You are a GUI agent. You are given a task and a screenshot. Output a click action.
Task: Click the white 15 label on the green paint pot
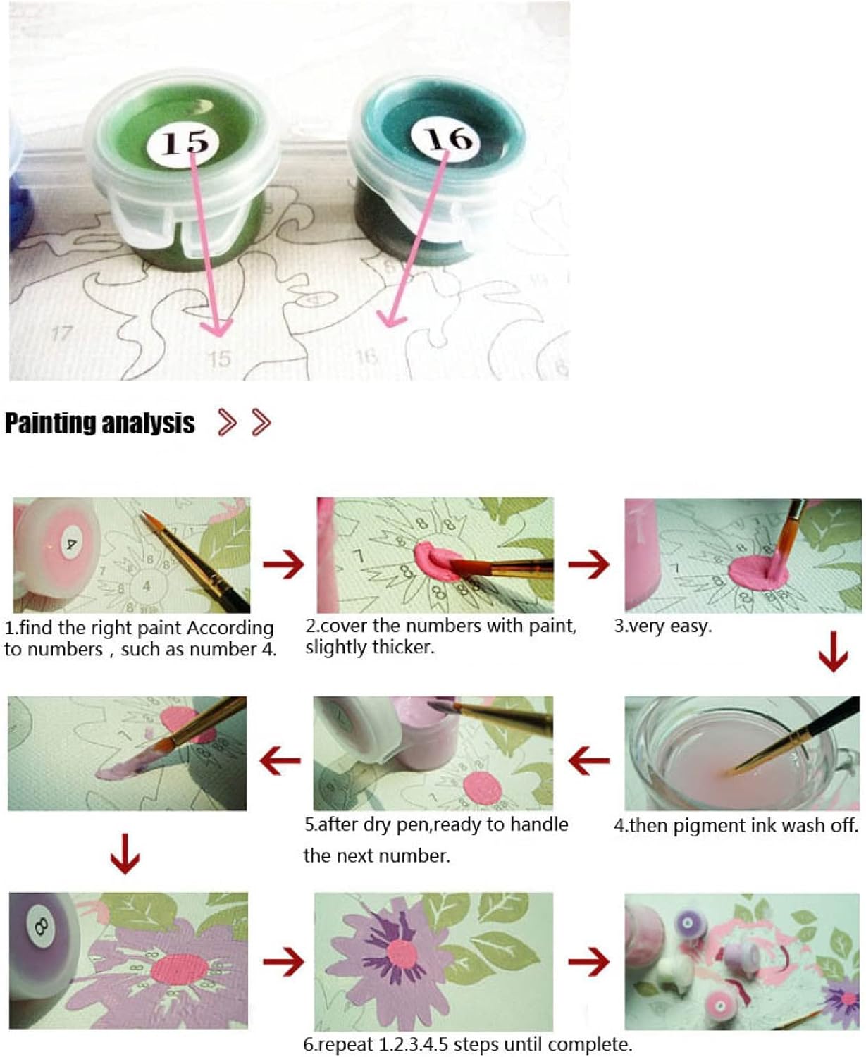(x=183, y=141)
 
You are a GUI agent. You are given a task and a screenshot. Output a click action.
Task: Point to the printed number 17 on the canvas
(x=61, y=333)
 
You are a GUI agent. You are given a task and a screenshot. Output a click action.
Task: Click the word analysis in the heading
(x=148, y=423)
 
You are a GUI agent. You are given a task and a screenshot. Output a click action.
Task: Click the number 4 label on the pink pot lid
(x=70, y=544)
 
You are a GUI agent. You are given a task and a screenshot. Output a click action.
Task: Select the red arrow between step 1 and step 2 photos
(x=283, y=564)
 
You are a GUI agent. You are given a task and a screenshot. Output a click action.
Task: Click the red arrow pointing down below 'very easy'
(x=833, y=652)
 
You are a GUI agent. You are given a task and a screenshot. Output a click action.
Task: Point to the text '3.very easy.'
(x=663, y=626)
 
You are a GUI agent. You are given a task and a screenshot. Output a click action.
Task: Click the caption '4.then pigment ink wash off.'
(x=736, y=825)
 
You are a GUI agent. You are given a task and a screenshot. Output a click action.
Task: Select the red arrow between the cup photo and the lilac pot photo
(x=589, y=760)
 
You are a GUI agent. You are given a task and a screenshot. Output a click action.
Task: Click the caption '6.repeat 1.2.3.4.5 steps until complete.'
(x=468, y=1044)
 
